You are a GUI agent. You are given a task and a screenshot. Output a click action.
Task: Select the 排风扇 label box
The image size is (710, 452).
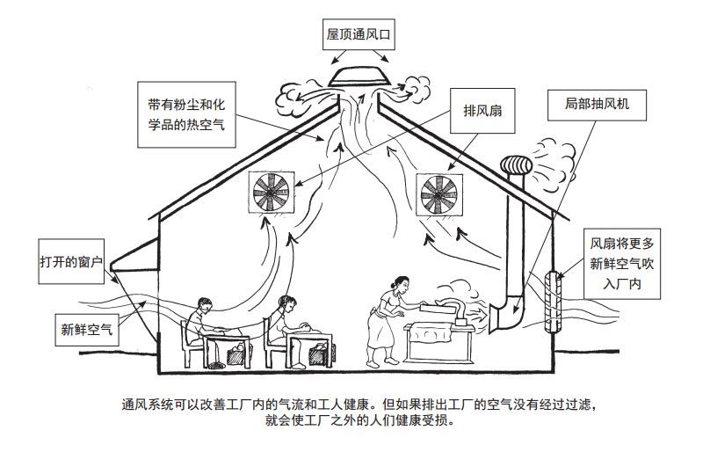tap(482, 112)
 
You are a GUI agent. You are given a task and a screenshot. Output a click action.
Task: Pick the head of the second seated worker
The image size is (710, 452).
tap(286, 304)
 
